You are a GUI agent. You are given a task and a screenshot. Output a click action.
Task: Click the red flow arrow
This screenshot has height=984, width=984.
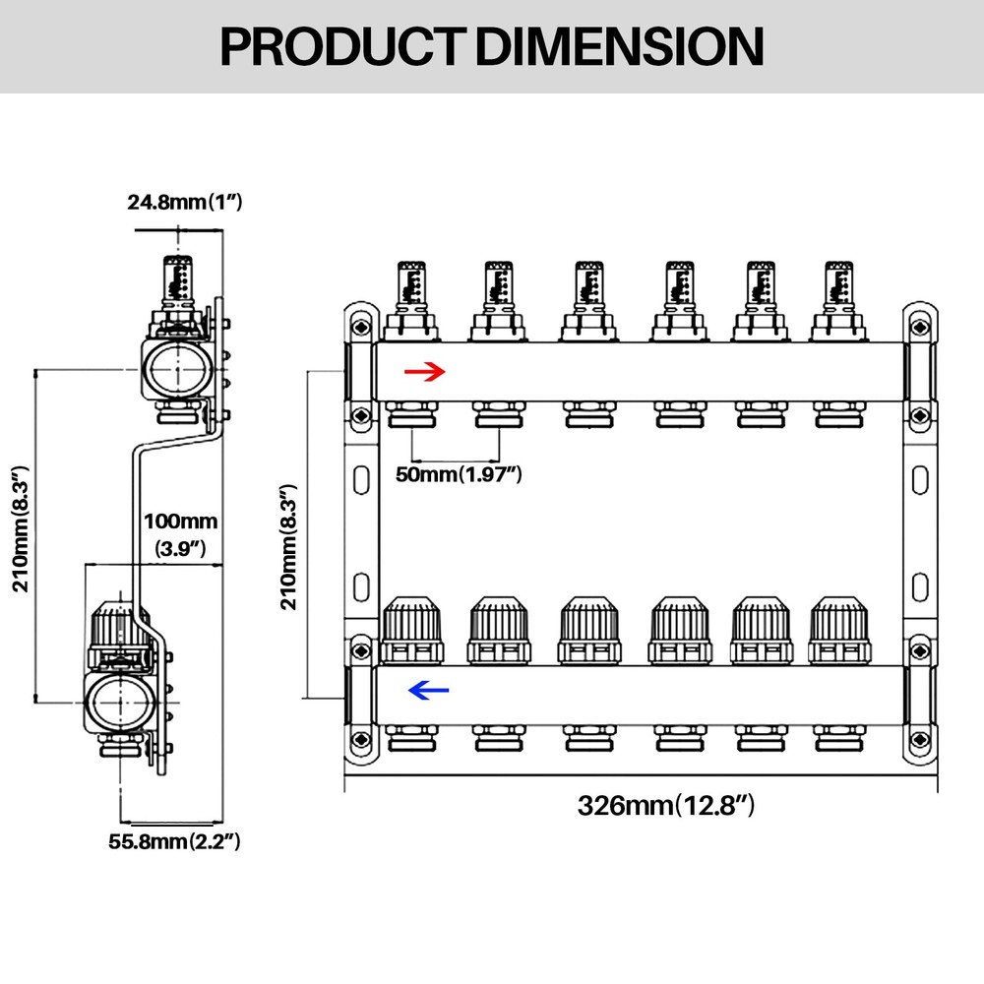pyautogui.click(x=426, y=371)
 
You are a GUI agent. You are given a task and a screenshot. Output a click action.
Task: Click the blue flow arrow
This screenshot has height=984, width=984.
pyautogui.click(x=428, y=691)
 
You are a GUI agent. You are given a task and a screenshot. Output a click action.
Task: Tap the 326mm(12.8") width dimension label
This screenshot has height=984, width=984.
pyautogui.click(x=665, y=806)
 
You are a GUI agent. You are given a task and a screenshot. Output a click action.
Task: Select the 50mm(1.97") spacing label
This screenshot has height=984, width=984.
pyautogui.click(x=458, y=475)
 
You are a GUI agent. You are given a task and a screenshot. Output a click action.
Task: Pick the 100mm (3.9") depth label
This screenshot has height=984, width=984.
pyautogui.click(x=180, y=534)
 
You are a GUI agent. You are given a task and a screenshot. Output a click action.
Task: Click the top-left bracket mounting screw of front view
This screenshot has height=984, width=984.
pyautogui.click(x=361, y=325)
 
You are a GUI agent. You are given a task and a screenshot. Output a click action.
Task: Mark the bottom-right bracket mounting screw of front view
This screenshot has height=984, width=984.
pyautogui.click(x=920, y=740)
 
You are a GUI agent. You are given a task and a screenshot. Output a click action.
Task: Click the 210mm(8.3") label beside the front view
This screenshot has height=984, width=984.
pyautogui.click(x=287, y=546)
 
